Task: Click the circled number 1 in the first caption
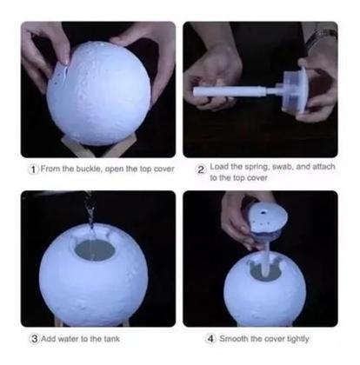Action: tap(32, 168)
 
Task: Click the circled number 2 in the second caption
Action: tap(201, 169)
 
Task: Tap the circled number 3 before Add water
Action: tap(34, 338)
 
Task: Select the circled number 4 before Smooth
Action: tap(211, 338)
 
